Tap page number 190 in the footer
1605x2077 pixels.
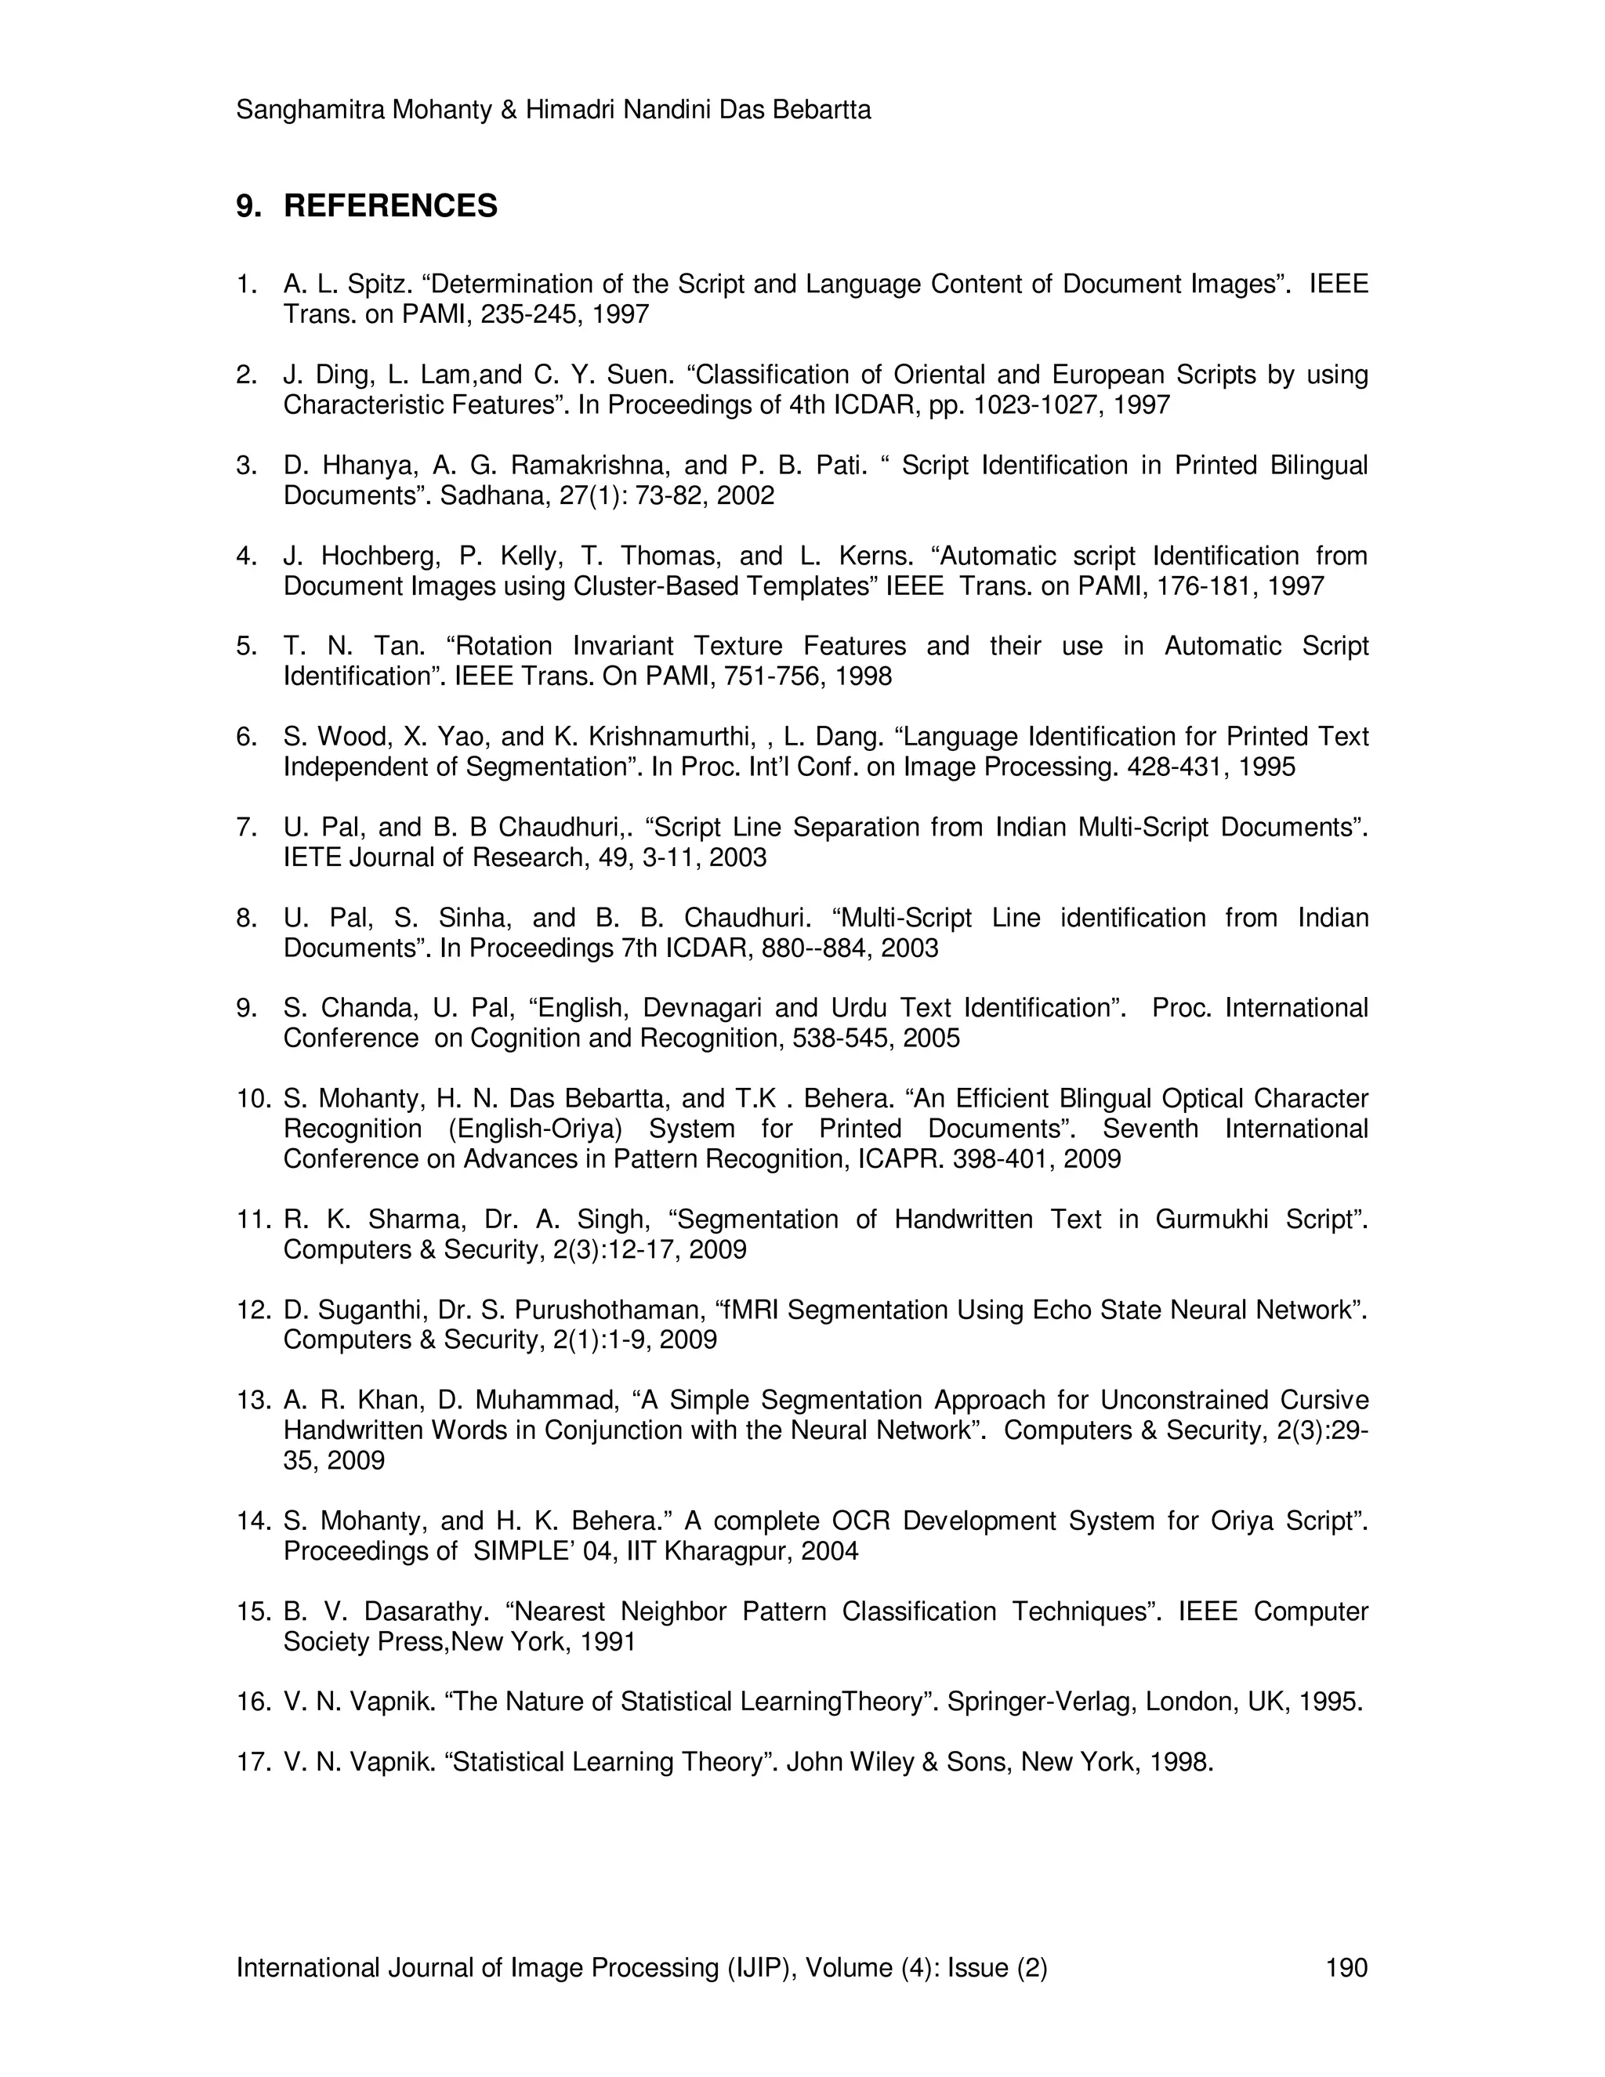click(x=1346, y=1966)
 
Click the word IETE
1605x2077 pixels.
click(x=313, y=857)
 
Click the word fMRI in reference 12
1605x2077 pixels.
click(x=751, y=1310)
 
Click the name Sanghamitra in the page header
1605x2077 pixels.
click(x=310, y=111)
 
